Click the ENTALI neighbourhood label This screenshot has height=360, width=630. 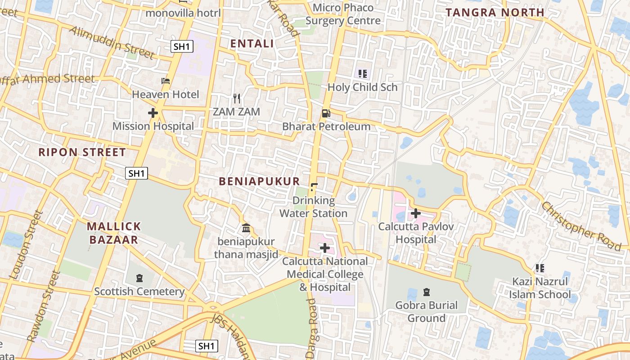[x=252, y=44]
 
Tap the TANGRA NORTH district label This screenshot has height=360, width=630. [x=495, y=13]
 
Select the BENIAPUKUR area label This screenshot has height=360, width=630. [x=259, y=181]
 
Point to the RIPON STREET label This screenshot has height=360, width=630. [x=82, y=152]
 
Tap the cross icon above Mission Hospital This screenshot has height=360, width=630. [x=153, y=113]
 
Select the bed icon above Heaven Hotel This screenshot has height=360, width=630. [x=166, y=81]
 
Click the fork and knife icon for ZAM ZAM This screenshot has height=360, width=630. [x=237, y=98]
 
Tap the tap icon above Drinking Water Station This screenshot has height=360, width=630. [x=314, y=187]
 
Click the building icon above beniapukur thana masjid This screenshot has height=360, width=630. [x=246, y=228]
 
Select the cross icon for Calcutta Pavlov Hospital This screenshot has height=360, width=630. [x=416, y=213]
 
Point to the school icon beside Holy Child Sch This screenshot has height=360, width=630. [x=363, y=74]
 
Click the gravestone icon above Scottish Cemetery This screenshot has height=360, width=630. [x=139, y=278]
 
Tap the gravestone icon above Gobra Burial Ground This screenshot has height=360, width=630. [x=426, y=292]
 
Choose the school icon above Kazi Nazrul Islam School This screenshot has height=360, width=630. [x=540, y=269]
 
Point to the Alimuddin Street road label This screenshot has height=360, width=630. [x=112, y=42]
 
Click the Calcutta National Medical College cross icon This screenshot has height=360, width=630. [x=325, y=248]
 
